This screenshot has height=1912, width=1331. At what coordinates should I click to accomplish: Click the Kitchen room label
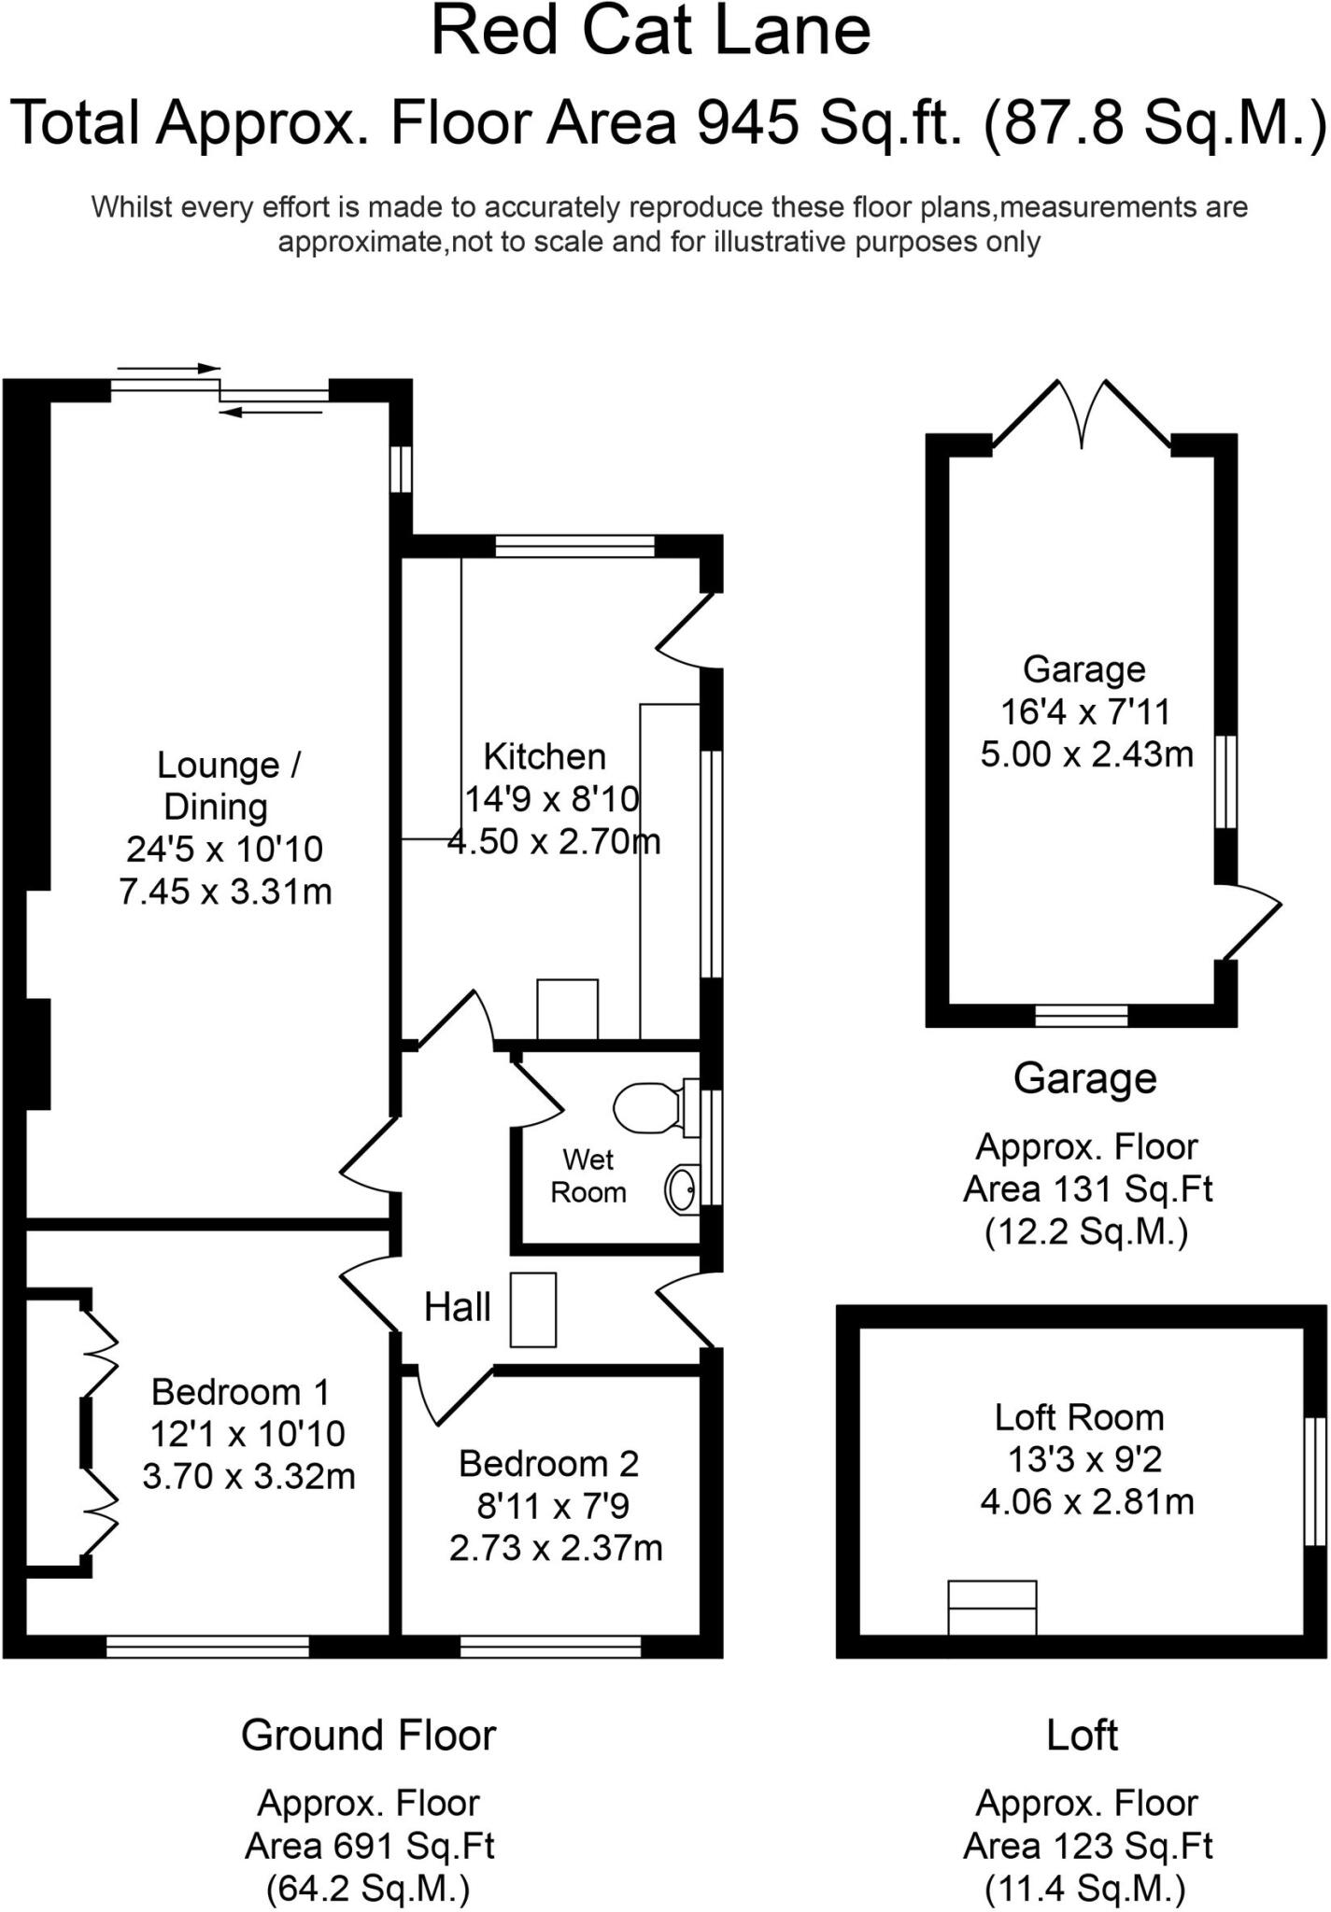click(545, 756)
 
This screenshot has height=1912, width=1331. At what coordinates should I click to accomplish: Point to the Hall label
click(457, 1308)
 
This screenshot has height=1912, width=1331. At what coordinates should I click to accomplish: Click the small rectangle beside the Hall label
click(533, 1310)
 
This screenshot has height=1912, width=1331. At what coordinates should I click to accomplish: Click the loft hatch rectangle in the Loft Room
click(992, 1607)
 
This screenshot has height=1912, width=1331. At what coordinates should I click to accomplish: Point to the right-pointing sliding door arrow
click(169, 369)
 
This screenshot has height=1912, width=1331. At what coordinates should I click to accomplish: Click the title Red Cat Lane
click(651, 32)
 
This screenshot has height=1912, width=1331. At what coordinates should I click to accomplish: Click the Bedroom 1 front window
click(207, 1647)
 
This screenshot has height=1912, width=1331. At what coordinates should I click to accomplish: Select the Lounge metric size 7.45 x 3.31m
click(225, 892)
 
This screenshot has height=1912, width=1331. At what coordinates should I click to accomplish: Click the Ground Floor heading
click(369, 1736)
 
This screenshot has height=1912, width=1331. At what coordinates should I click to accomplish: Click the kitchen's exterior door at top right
click(688, 630)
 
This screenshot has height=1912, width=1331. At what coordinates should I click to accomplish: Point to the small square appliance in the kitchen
click(567, 1008)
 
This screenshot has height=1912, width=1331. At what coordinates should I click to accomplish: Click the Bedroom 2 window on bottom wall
click(551, 1647)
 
